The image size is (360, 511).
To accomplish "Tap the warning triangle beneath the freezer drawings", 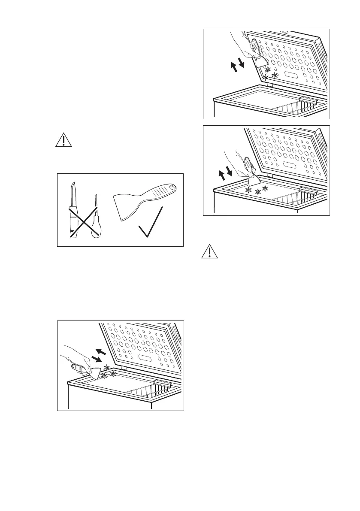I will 209,252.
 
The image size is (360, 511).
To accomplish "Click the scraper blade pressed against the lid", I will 260,62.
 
